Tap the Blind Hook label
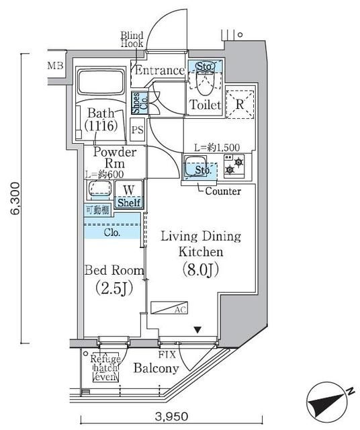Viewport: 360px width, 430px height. point(132,39)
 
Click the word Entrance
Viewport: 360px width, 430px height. point(159,71)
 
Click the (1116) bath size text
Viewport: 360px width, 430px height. point(101,125)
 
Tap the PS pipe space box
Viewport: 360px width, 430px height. point(138,130)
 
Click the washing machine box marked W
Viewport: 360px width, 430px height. point(129,189)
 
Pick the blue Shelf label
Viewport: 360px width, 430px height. point(129,202)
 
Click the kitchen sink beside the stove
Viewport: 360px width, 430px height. point(197,166)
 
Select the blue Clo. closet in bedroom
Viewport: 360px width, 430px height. point(111,233)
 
